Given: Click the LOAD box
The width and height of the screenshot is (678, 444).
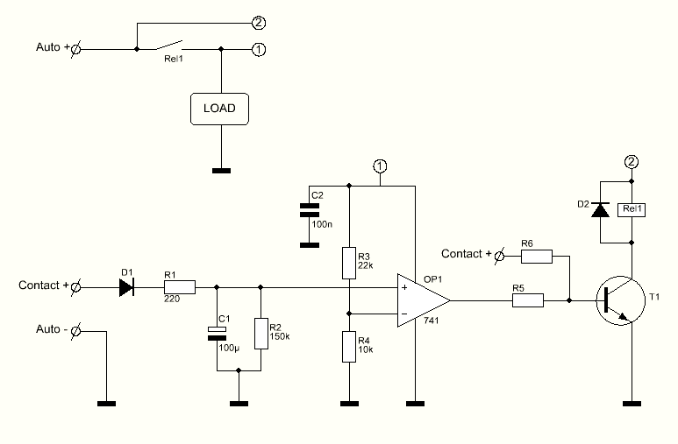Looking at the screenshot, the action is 219,109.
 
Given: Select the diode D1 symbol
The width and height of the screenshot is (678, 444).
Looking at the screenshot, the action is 126,287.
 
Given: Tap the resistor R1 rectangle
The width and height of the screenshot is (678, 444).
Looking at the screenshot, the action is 180,287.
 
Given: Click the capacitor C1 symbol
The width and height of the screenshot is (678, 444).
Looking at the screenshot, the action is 217,334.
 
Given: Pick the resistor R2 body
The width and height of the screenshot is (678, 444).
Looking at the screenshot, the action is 260,334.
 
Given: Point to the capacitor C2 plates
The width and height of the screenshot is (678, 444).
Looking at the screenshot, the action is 310,210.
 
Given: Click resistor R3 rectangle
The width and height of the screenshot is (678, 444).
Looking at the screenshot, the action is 349,263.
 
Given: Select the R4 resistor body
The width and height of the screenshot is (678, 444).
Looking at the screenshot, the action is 349,347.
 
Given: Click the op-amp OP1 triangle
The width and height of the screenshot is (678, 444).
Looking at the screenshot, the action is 424,300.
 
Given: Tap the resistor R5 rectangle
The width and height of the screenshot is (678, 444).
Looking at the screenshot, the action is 528,300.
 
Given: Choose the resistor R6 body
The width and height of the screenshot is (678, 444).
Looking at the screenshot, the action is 537,256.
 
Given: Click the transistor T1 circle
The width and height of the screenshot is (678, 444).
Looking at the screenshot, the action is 620,300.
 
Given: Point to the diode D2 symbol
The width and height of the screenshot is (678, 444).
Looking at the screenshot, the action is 600,210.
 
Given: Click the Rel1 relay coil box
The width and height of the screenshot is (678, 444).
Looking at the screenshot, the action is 632,209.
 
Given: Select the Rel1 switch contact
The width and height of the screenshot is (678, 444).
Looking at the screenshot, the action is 168,45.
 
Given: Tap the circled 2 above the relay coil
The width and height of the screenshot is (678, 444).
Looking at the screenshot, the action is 632,162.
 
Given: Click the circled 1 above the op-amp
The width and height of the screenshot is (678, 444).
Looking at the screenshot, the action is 380,166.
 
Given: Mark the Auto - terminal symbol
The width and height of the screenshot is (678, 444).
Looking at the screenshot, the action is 75,331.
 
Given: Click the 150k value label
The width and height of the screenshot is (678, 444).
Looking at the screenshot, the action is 280,336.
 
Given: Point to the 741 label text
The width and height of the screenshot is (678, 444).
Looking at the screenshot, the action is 432,321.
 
